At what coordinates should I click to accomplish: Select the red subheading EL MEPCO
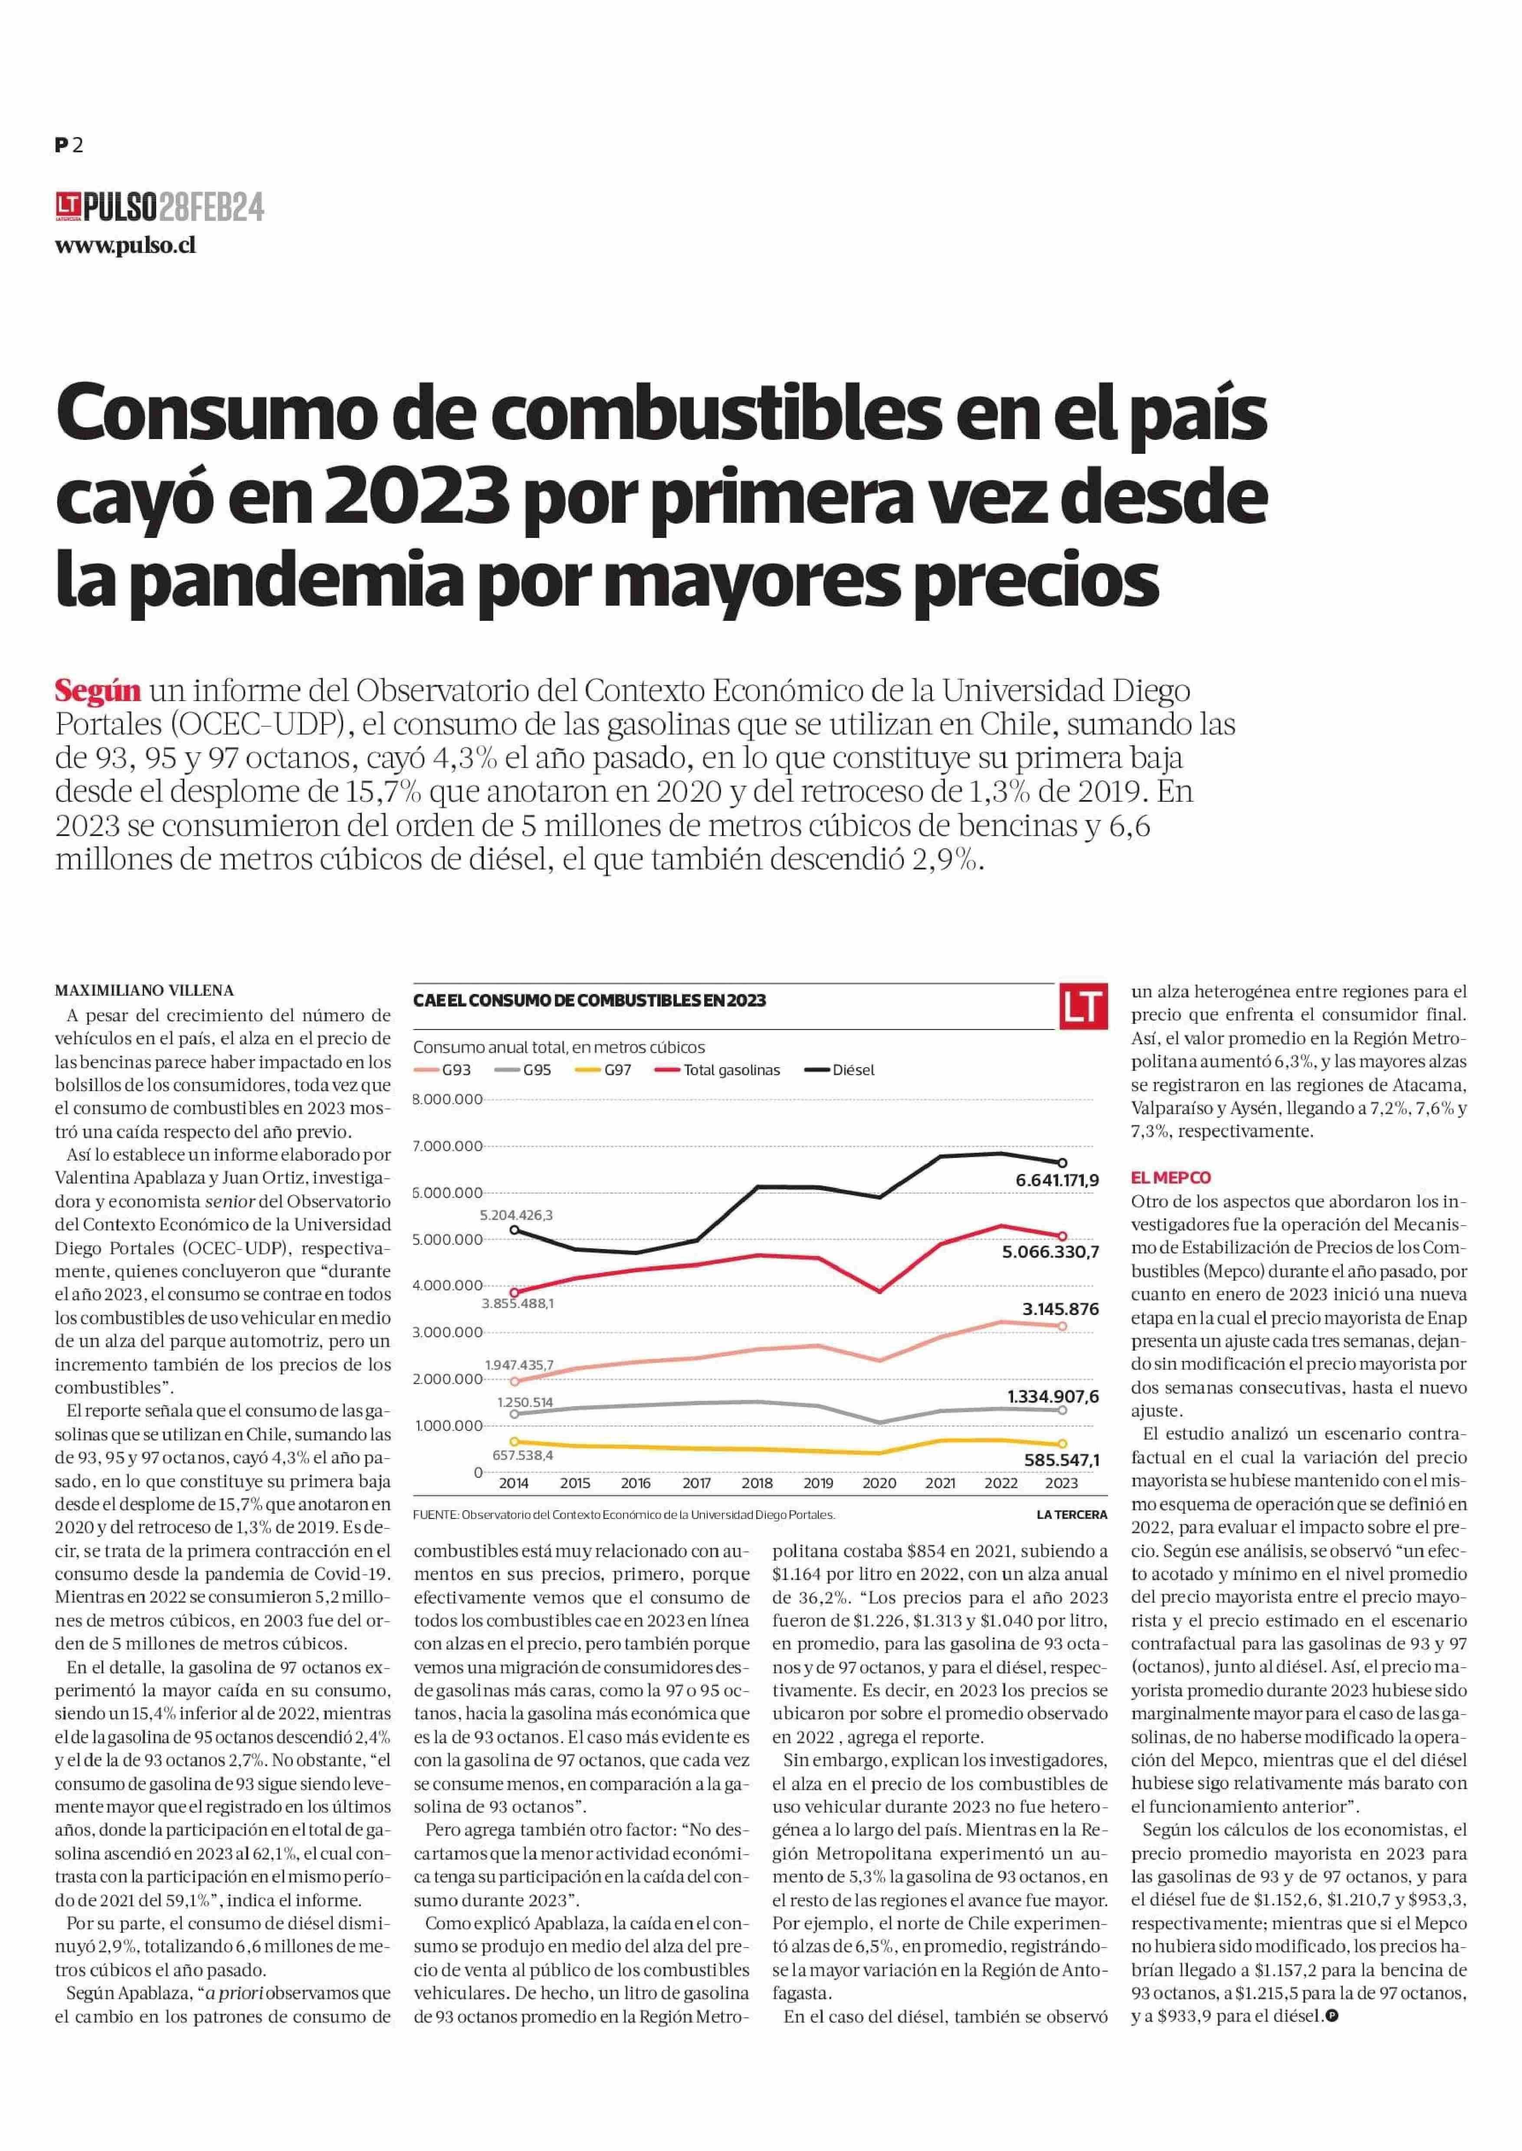click(x=1171, y=1177)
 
